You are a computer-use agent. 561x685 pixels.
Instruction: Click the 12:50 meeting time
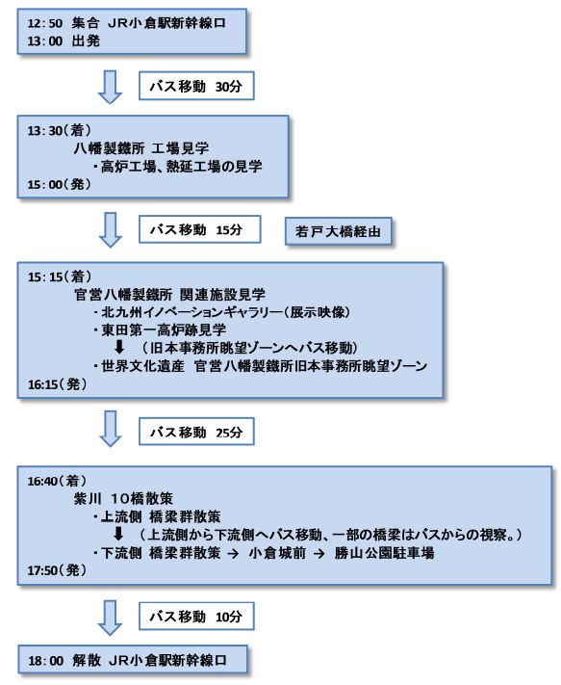click(x=45, y=23)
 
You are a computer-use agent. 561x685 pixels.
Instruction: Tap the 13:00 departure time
click(x=45, y=41)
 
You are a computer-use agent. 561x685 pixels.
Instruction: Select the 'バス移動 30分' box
click(x=196, y=86)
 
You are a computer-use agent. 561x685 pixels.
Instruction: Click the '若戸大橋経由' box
click(x=338, y=231)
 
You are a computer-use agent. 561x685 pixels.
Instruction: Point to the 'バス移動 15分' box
click(x=200, y=229)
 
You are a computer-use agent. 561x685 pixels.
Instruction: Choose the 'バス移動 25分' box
click(x=196, y=432)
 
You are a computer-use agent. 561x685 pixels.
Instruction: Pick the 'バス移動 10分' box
click(x=196, y=617)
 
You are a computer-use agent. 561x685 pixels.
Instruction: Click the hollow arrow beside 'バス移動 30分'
click(x=110, y=87)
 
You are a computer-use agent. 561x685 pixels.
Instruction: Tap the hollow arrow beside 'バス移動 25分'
click(x=111, y=429)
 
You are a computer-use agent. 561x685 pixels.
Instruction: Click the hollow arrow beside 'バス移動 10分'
click(x=110, y=618)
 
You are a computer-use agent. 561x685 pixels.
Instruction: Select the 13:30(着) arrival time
click(x=60, y=130)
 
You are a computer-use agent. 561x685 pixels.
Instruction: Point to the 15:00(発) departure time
click(x=60, y=184)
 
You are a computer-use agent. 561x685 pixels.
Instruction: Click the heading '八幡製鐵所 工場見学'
click(x=140, y=148)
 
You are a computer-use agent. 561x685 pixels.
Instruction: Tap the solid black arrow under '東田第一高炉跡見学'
click(x=119, y=347)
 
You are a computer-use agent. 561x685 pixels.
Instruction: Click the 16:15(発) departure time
click(x=57, y=384)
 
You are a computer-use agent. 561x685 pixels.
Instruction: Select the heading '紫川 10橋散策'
click(x=123, y=498)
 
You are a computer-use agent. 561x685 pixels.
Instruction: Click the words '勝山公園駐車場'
click(x=384, y=553)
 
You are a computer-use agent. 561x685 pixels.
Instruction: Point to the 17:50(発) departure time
click(x=57, y=570)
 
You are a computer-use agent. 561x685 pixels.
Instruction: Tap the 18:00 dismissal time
click(x=46, y=660)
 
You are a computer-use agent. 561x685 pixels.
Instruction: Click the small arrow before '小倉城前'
click(x=233, y=553)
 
